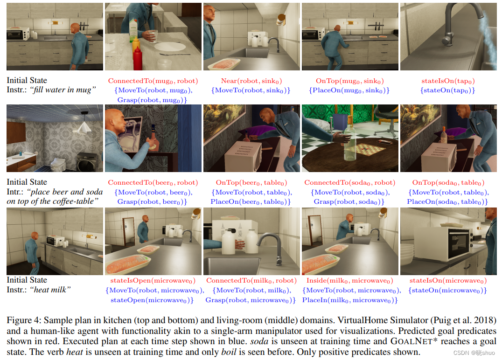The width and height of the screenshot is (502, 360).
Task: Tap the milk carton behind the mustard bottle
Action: pyautogui.click(x=133, y=30)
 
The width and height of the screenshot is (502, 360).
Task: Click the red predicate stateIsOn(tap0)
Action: pyautogui.click(x=448, y=81)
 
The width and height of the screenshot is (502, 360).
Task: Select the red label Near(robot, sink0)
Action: pyautogui.click(x=251, y=81)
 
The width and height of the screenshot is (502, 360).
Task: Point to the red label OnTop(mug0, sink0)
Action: pyautogui.click(x=349, y=81)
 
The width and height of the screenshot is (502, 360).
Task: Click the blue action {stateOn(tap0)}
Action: pyautogui.click(x=447, y=90)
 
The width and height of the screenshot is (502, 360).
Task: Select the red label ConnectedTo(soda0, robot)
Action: pyautogui.click(x=349, y=183)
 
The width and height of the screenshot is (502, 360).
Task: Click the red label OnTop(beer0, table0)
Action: pyautogui.click(x=251, y=183)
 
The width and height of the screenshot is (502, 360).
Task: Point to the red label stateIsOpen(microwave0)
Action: pyautogui.click(x=153, y=281)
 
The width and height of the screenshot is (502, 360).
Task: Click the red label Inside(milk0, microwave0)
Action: pyautogui.click(x=349, y=281)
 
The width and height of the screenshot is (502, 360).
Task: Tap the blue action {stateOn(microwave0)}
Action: pyautogui.click(x=447, y=290)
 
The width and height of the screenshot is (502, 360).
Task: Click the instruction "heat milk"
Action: pyautogui.click(x=50, y=290)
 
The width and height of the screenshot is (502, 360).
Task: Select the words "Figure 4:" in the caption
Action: pyautogui.click(x=24, y=320)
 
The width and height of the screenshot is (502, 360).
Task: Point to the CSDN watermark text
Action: pyautogui.click(x=474, y=353)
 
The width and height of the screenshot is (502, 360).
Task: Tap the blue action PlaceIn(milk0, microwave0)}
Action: pyautogui.click(x=349, y=300)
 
